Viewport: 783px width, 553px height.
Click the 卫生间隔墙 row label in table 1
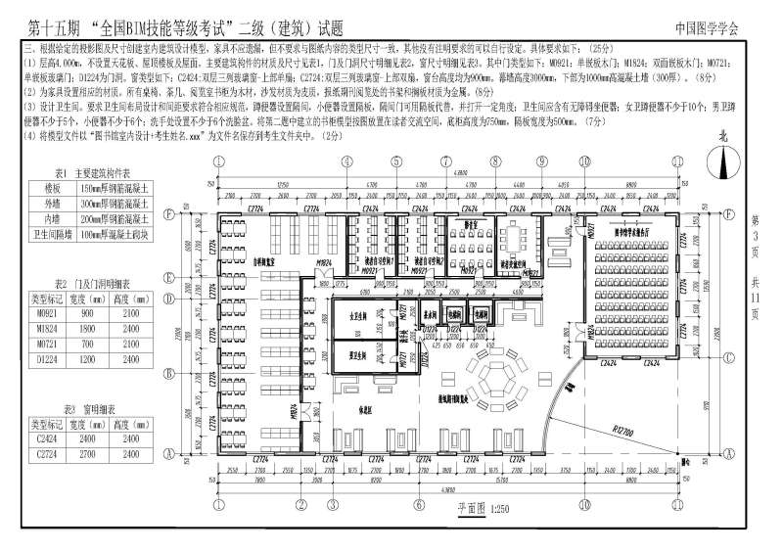[x=49, y=233]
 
